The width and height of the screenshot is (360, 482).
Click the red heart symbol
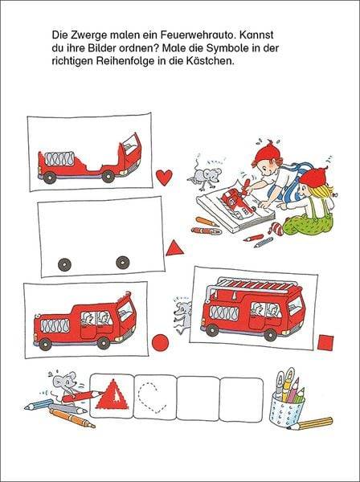(164, 177)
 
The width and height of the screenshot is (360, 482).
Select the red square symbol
(325, 343)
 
